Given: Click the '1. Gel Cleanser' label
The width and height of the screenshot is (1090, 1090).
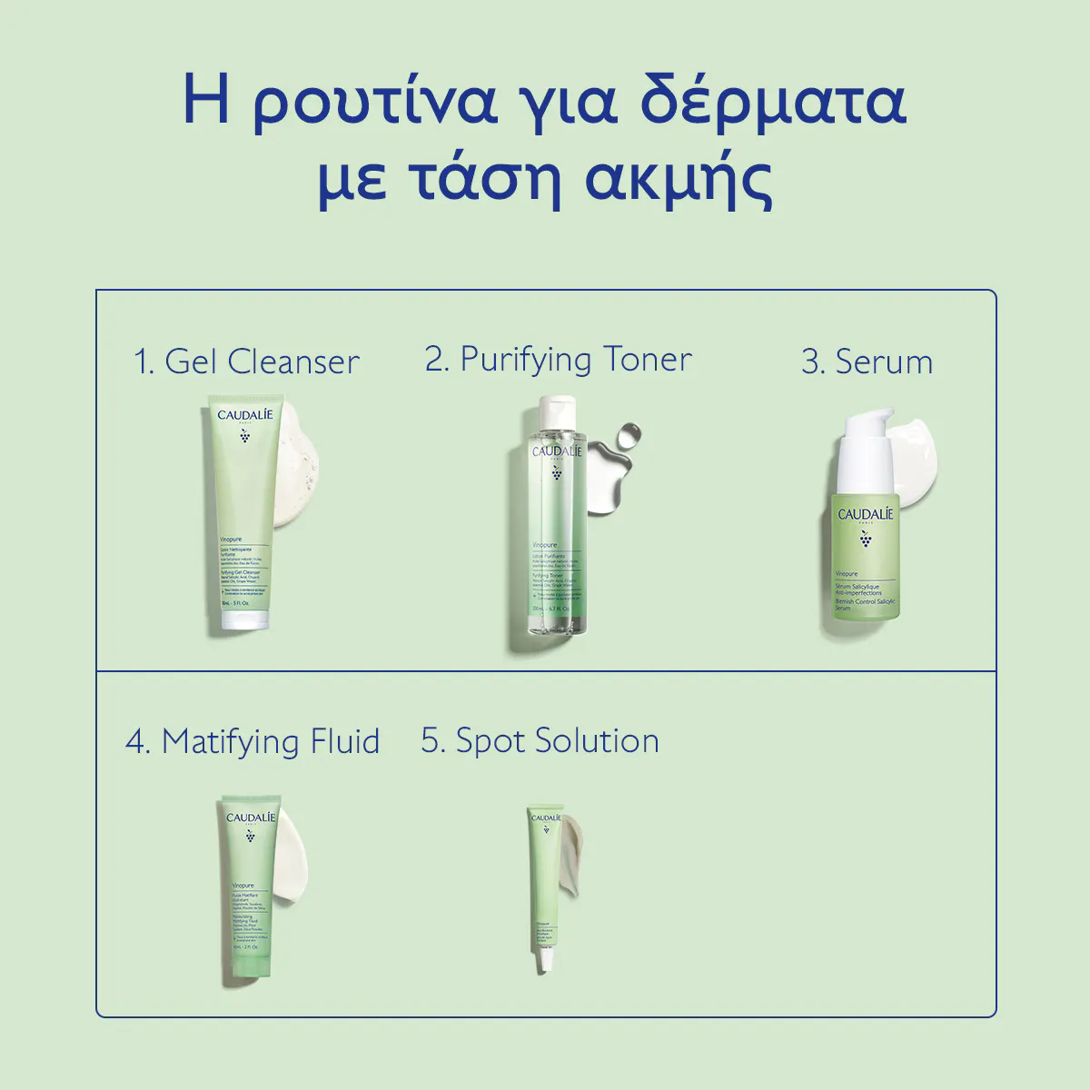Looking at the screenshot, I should pos(246,362).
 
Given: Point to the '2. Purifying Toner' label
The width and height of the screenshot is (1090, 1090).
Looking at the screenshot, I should pos(558,360).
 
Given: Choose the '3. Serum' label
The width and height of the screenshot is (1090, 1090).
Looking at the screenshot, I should pos(867,362).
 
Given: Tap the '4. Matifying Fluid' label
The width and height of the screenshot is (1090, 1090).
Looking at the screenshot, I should pos(253,741).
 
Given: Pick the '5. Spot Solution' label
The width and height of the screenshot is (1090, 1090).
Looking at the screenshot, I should pos(540,740).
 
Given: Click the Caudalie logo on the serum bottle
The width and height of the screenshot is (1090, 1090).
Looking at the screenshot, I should pos(865,515).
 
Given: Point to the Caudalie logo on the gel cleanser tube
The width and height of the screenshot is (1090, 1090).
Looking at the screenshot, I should pos(244,416).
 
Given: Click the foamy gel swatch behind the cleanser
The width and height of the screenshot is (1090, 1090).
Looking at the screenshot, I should pos(298,481).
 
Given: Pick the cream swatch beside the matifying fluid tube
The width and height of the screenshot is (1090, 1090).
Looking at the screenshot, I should pos(292,858).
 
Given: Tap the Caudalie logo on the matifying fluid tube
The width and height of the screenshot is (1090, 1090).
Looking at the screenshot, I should pos(250,817).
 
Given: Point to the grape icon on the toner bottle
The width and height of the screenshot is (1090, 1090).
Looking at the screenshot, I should pos(556,473).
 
